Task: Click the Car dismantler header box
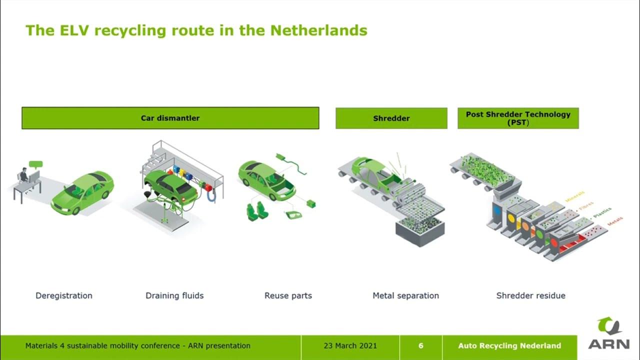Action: click(170, 118)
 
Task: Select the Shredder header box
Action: click(391, 118)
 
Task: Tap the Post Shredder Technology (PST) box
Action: click(518, 118)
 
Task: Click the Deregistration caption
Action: click(64, 295)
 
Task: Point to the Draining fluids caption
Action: click(174, 295)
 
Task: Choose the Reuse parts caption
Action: click(288, 295)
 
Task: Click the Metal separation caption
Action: click(405, 295)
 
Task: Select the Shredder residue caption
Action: click(530, 295)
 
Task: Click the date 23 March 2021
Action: click(350, 345)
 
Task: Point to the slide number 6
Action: click(420, 345)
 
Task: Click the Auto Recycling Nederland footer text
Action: click(509, 345)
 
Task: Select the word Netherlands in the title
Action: click(318, 30)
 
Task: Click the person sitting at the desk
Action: click(24, 177)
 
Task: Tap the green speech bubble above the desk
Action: click(36, 164)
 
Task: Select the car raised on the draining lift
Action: click(169, 184)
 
